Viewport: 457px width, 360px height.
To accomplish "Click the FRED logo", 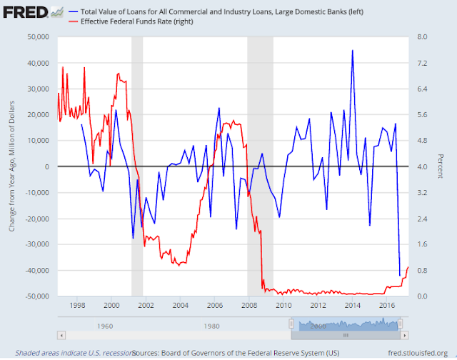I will [x=27, y=11].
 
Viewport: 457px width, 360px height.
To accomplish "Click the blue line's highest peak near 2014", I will [x=352, y=51].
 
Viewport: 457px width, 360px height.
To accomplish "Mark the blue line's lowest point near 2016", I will [x=400, y=275].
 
